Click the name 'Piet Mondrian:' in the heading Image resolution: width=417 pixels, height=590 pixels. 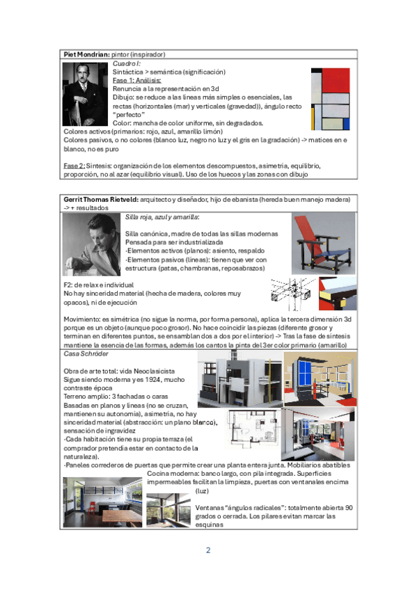coord(86,54)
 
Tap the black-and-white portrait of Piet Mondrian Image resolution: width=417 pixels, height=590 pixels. coord(85,94)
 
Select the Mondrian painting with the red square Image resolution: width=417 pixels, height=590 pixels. coord(331,99)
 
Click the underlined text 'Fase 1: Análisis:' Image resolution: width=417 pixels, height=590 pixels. coord(137,80)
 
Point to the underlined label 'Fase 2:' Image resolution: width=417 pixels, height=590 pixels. coord(74,166)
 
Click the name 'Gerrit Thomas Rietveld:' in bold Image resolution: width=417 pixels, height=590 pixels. coord(101,200)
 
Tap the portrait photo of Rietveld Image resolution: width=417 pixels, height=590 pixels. coord(91,245)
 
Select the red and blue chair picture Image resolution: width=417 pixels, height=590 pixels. coord(323,244)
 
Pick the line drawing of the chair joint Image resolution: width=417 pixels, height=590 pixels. coord(293,294)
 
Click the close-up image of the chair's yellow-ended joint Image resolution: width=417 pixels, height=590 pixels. coord(338,294)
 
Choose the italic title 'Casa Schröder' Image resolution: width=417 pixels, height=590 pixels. coord(86,353)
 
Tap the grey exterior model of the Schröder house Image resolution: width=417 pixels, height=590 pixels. coord(240,379)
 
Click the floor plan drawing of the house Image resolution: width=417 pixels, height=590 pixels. coord(254,427)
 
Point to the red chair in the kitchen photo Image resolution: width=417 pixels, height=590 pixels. coord(92,508)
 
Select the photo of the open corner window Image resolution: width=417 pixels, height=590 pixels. coord(168,510)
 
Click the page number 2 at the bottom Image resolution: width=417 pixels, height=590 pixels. coord(208,550)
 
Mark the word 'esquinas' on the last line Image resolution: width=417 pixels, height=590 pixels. coord(210,525)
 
